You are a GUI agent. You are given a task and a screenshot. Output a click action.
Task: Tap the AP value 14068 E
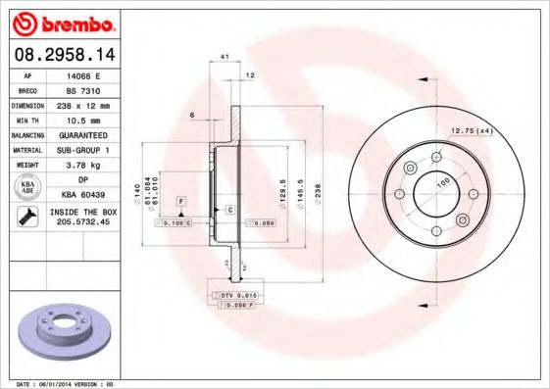click(80, 74)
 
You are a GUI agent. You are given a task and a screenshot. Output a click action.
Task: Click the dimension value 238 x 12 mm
click(80, 104)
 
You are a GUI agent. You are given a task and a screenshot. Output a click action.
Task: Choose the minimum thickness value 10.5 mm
click(80, 119)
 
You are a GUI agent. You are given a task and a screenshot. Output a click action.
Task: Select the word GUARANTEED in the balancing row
click(80, 134)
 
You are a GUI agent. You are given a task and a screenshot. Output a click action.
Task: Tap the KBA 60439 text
click(80, 195)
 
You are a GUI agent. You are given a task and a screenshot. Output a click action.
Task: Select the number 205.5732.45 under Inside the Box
click(80, 222)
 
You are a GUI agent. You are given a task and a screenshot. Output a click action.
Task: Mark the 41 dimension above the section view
click(225, 58)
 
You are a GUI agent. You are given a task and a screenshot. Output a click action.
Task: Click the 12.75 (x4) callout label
click(470, 130)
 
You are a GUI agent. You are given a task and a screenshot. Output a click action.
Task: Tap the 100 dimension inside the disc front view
click(442, 183)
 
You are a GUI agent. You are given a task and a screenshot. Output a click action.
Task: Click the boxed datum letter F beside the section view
click(181, 201)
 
